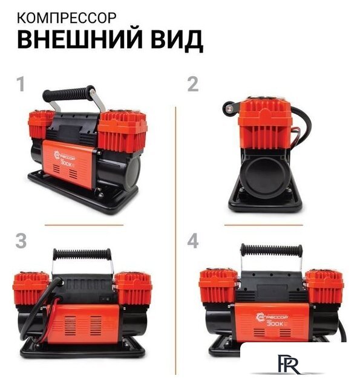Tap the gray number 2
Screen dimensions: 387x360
click(192, 84)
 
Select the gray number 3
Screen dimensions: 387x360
click(21, 241)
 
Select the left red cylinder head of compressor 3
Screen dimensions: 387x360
click(30, 288)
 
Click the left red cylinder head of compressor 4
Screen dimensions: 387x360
click(218, 285)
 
